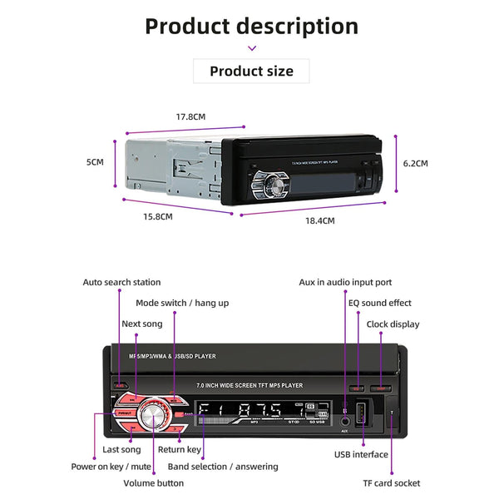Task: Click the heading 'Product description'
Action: (x=251, y=26)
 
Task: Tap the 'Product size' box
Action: (x=251, y=71)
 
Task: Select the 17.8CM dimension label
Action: (x=190, y=117)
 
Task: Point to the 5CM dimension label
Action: (x=95, y=162)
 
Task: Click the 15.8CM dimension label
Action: (x=157, y=216)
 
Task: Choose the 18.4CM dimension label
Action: (x=319, y=220)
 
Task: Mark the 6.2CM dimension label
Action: (x=416, y=164)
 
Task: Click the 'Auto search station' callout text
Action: (x=121, y=282)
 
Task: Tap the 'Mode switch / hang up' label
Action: (x=182, y=303)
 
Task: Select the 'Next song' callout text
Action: (x=142, y=324)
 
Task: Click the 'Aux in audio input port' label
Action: (x=345, y=282)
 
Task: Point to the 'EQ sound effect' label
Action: (x=379, y=303)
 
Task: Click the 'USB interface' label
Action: (x=361, y=454)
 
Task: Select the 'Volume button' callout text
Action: (x=154, y=482)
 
